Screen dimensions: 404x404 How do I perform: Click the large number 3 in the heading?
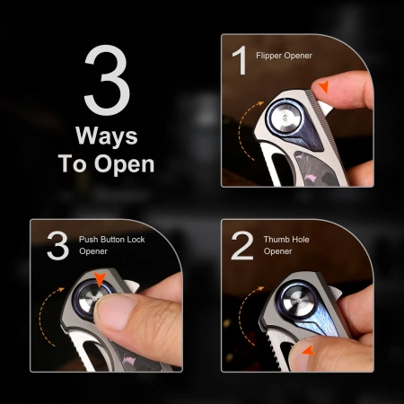point(107,80)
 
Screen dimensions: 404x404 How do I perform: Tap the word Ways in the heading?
point(107,136)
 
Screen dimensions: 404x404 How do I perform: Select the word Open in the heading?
point(124,164)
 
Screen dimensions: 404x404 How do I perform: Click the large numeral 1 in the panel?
point(240,60)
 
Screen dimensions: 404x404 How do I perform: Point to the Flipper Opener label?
point(284,56)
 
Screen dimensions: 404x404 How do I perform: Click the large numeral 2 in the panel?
point(242,245)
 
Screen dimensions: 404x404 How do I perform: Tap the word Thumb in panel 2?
point(276,240)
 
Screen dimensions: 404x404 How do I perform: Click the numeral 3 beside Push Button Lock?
point(57,245)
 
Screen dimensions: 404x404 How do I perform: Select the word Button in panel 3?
point(112,240)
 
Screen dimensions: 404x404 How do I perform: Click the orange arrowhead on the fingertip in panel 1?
point(324,86)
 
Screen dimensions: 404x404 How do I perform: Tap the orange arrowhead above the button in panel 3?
point(100,278)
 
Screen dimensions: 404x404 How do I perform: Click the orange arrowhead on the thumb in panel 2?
point(308,351)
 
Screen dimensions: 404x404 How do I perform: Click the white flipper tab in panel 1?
point(324,108)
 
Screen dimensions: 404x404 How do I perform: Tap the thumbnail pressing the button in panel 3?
point(114,312)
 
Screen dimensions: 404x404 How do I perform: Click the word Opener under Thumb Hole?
point(277,251)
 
